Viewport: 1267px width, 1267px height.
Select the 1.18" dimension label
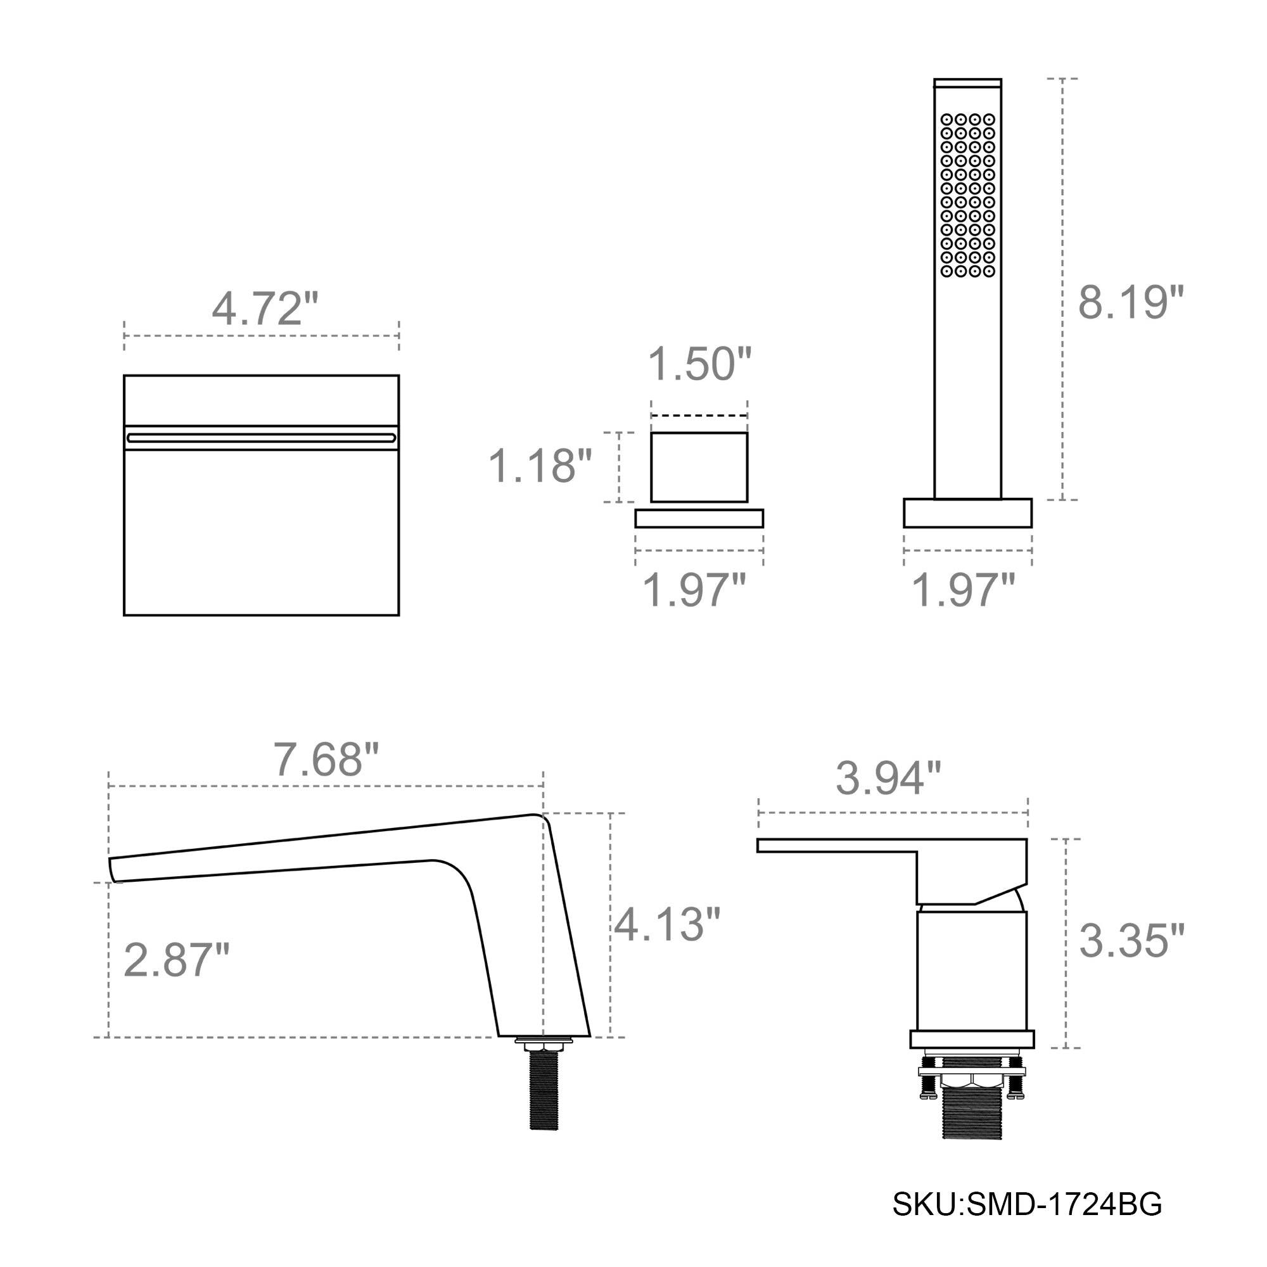pyautogui.click(x=540, y=466)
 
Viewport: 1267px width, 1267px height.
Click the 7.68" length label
pyautogui.click(x=326, y=760)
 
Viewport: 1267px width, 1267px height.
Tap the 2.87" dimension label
pyautogui.click(x=176, y=960)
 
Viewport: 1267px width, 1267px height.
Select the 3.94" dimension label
pyautogui.click(x=888, y=779)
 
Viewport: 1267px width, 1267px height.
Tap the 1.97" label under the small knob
pyautogui.click(x=694, y=590)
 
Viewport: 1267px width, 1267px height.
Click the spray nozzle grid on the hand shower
pyautogui.click(x=968, y=195)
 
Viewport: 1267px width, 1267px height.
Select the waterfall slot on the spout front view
pyautogui.click(x=261, y=437)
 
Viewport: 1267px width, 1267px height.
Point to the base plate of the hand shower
pyautogui.click(x=967, y=513)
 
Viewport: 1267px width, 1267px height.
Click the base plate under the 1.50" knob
pyautogui.click(x=699, y=519)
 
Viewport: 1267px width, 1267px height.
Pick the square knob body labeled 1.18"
pyautogui.click(x=699, y=467)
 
